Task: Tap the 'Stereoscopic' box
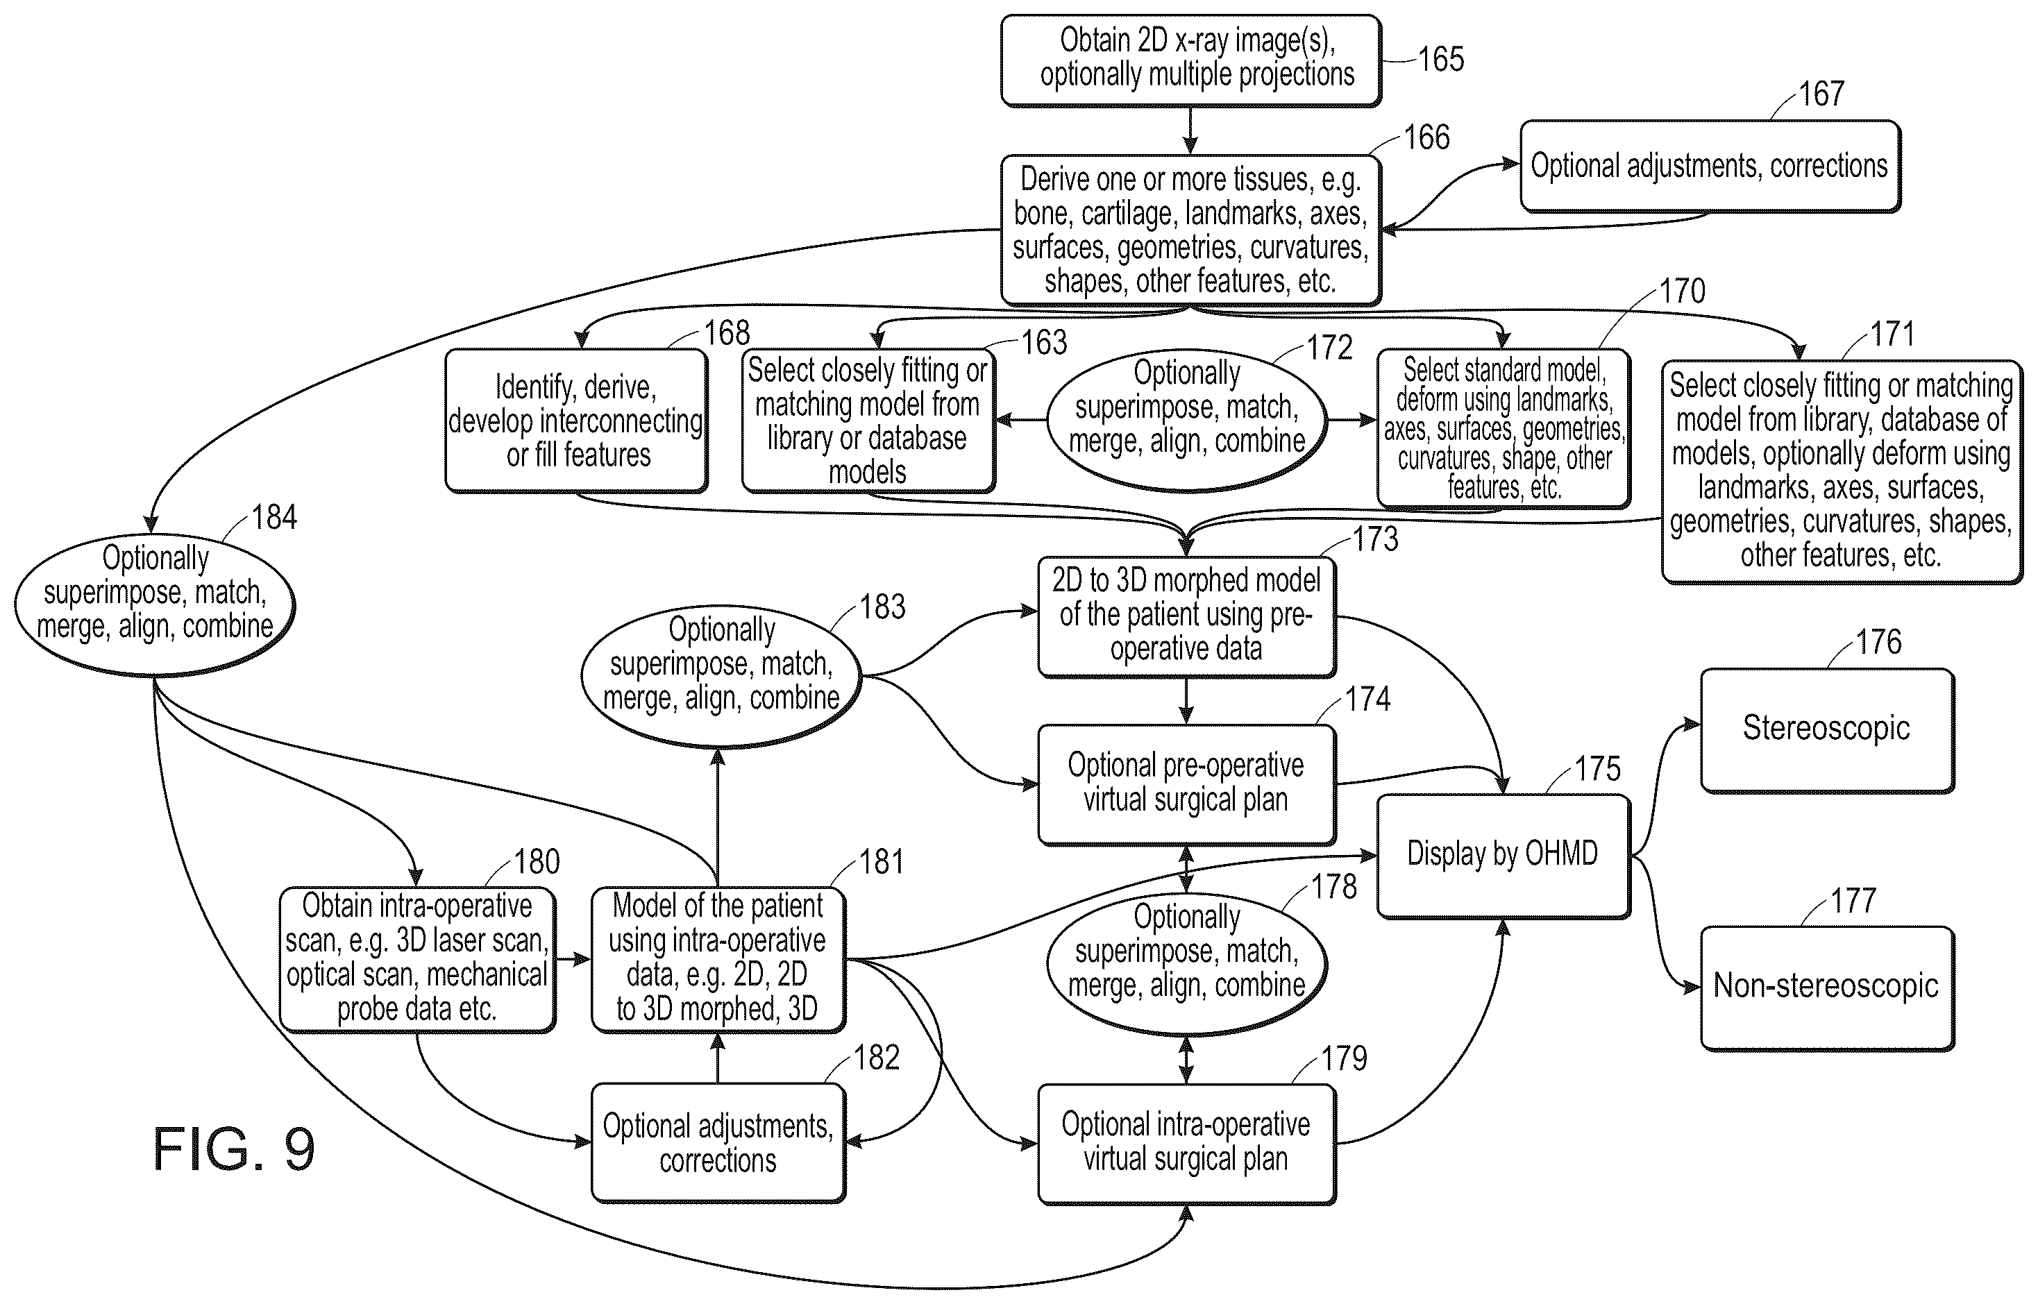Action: click(x=1827, y=731)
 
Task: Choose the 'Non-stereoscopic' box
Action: click(x=1827, y=988)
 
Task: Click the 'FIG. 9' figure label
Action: click(x=234, y=1149)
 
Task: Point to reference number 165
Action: click(x=1441, y=59)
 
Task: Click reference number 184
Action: click(x=274, y=517)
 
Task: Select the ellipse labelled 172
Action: click(x=1187, y=420)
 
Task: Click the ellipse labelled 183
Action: click(x=721, y=677)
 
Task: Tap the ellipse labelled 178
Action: click(x=1187, y=964)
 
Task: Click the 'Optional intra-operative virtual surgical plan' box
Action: click(x=1187, y=1144)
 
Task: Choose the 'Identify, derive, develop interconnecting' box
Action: click(x=577, y=421)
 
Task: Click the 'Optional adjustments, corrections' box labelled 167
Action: click(x=1710, y=166)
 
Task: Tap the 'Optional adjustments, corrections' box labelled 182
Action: click(x=718, y=1143)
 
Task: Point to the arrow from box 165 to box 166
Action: click(x=1190, y=130)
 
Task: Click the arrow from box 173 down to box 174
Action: click(x=1187, y=700)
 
